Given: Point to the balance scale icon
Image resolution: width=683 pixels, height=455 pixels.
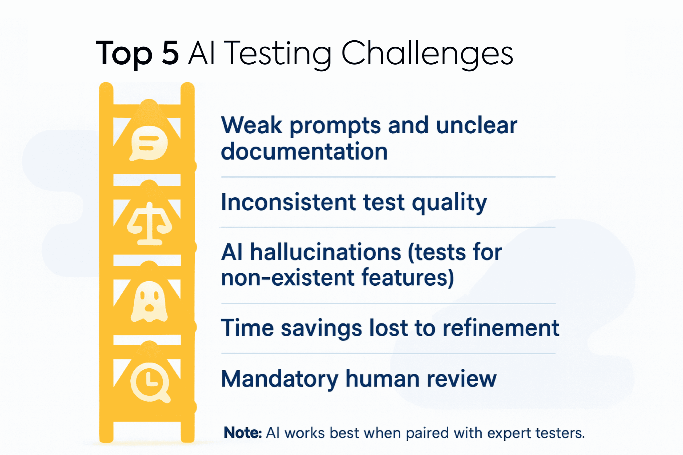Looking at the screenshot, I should click(x=149, y=224).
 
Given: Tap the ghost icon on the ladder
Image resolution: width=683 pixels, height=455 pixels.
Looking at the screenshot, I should click(x=149, y=302).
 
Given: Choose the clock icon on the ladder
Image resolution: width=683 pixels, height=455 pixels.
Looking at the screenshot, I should click(x=150, y=383).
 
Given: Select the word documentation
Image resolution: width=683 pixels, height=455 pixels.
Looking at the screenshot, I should click(x=304, y=152).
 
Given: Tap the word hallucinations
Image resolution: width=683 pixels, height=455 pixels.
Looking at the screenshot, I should click(x=325, y=252).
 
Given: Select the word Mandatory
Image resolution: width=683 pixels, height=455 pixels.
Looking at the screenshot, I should click(x=279, y=379).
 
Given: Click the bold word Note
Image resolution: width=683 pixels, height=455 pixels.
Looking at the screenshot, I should click(x=242, y=433).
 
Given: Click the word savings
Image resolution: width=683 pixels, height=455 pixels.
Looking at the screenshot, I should click(x=321, y=328).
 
